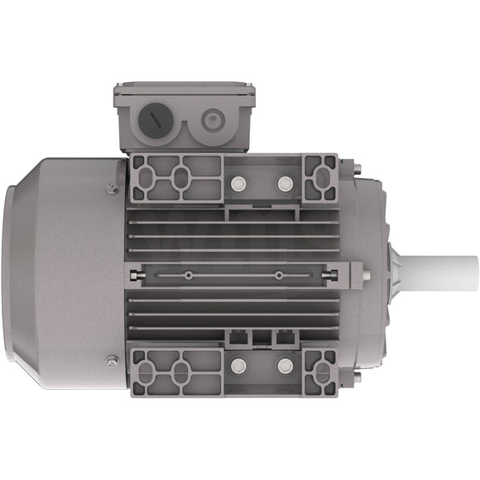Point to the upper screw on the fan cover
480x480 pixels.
(113, 188)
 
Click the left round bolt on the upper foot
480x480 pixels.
(240, 181)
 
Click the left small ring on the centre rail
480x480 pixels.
(190, 275)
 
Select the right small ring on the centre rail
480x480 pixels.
(279, 275)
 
